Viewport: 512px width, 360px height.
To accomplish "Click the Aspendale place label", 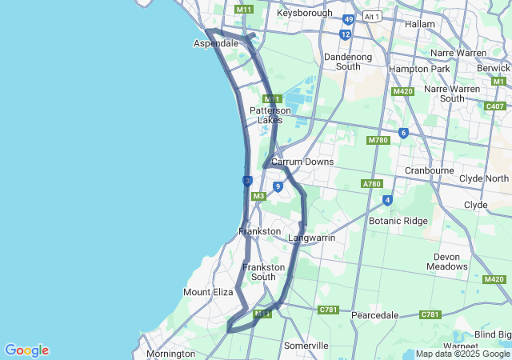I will [x=216, y=43].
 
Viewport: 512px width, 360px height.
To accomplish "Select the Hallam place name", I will [x=420, y=24].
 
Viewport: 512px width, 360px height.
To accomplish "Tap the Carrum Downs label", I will [x=302, y=162].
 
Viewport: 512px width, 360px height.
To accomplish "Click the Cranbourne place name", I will [x=430, y=170].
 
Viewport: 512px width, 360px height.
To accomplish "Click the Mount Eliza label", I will [x=208, y=293].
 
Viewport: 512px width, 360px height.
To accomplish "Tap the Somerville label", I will [x=306, y=346].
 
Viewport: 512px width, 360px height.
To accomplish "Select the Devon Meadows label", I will [x=447, y=262].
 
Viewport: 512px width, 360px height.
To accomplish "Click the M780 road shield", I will [x=378, y=141].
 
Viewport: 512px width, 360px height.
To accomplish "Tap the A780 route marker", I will [x=372, y=184].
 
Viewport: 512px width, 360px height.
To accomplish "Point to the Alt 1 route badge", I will [x=371, y=16].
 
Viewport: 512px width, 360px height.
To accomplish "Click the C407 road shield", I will [x=495, y=106].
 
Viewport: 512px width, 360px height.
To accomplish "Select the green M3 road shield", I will [x=258, y=196].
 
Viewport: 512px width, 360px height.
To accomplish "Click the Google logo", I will [x=26, y=350].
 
